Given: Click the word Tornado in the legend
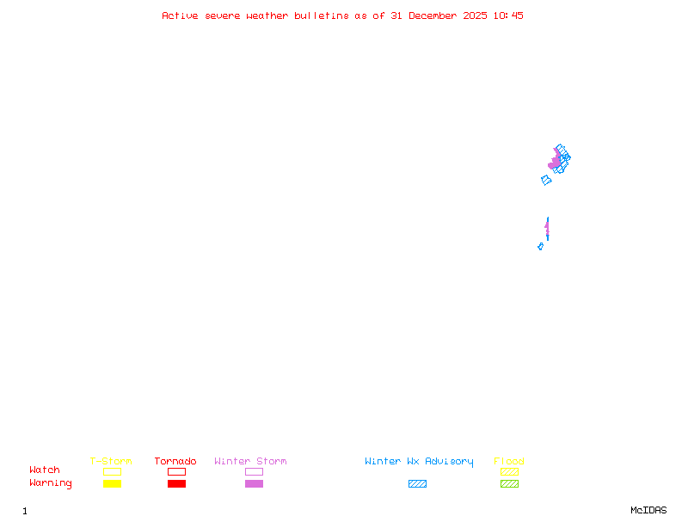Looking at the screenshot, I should (175, 462).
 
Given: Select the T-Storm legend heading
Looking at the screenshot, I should (111, 462).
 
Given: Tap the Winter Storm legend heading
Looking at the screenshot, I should (250, 462).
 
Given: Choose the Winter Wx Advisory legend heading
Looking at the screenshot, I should (419, 462).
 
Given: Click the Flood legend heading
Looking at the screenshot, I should (509, 462).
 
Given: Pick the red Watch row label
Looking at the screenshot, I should (45, 470).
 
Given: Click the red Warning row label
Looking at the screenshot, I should (51, 483).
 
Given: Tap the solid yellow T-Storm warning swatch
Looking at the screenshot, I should (112, 484).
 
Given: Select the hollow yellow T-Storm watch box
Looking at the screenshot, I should (112, 472).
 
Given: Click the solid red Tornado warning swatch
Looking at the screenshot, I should (176, 484).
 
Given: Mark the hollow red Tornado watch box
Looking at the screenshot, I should (176, 472).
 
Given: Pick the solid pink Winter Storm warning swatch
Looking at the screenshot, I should (254, 484).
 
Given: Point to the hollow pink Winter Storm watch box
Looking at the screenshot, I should (254, 472).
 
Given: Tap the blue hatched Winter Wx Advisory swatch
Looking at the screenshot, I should (417, 484).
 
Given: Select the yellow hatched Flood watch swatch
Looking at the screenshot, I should (509, 472).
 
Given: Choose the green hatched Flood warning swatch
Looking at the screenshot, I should (509, 484).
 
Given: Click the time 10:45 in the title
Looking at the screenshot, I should (507, 16).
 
